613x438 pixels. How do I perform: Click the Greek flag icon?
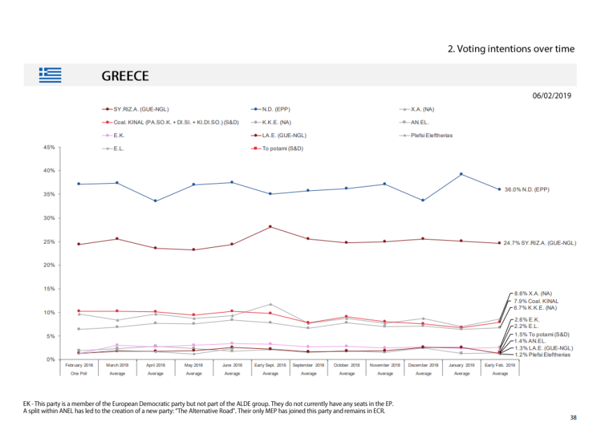(x=50, y=75)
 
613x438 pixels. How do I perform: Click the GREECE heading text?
(x=125, y=75)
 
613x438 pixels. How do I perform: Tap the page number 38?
(x=573, y=418)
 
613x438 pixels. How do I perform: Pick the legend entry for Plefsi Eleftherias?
(x=426, y=135)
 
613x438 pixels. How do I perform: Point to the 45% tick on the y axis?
(x=49, y=147)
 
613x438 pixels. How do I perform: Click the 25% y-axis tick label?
(x=49, y=242)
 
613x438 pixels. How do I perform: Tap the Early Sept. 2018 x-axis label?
(x=270, y=365)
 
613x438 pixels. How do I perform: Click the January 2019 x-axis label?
(x=462, y=365)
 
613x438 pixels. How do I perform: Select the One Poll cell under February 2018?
(x=79, y=373)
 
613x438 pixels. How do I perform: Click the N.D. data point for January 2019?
(x=461, y=174)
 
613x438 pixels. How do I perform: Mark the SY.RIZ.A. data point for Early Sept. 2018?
(x=270, y=226)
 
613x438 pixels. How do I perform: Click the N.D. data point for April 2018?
(x=155, y=201)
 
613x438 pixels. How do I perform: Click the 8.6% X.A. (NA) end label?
(x=532, y=294)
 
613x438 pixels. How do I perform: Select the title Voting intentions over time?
(x=511, y=49)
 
